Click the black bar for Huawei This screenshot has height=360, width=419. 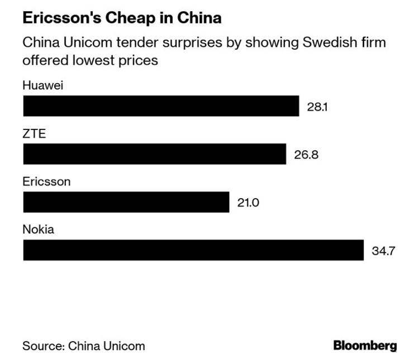[161, 105]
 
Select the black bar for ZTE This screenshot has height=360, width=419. [154, 154]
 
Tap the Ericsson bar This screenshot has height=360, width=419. [126, 202]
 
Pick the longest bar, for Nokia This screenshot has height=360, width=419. [193, 250]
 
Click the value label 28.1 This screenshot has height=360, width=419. [317, 106]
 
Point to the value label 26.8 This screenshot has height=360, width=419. [306, 155]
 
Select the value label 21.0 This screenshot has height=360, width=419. [248, 203]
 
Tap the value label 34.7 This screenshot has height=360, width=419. [384, 251]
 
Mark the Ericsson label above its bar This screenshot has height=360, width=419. [46, 182]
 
